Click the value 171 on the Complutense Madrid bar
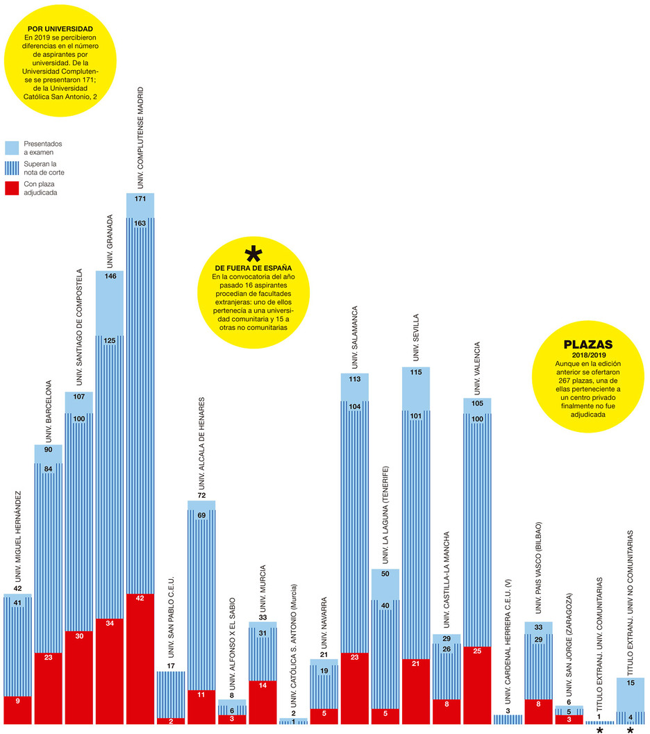click(x=140, y=199)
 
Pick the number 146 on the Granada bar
click(x=109, y=276)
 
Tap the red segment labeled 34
click(x=109, y=671)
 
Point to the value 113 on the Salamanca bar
click(x=354, y=379)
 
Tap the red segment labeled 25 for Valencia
click(x=477, y=685)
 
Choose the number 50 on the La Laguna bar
click(x=385, y=574)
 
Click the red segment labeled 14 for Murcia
click(x=262, y=702)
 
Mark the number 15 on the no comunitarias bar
click(x=630, y=683)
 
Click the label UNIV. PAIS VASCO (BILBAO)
click(x=538, y=569)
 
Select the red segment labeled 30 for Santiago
click(x=78, y=677)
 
